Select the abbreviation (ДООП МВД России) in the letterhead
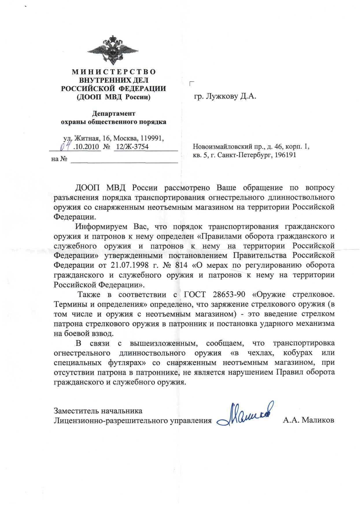tap(113, 97)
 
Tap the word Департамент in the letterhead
tap(113, 114)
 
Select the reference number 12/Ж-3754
tap(132, 147)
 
